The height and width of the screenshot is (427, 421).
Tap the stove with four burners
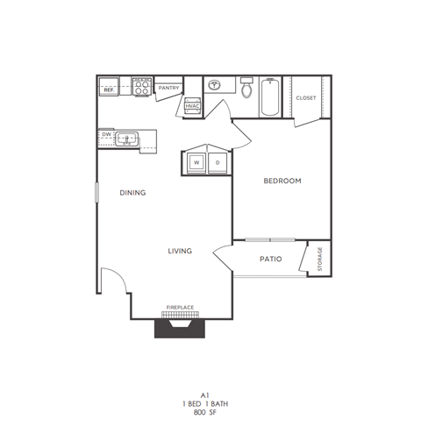(142, 85)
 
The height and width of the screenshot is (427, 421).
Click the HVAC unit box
(192, 105)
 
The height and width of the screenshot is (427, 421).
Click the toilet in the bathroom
(246, 89)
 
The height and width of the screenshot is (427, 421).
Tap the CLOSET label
(305, 98)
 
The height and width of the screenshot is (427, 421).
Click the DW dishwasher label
(106, 134)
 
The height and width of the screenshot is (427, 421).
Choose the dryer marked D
(217, 163)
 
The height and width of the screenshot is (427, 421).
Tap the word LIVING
(180, 252)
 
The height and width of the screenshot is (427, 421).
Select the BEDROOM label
(282, 181)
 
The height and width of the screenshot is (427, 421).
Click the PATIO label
(270, 259)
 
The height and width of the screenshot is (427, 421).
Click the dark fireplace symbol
(180, 327)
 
